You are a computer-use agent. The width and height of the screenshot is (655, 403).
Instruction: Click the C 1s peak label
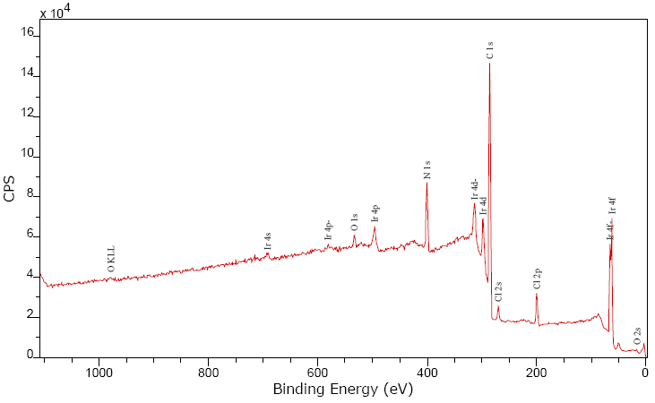tap(489, 50)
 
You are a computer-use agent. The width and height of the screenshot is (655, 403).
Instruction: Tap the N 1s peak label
tap(427, 168)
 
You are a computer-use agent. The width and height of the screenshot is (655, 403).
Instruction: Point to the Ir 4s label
tap(268, 241)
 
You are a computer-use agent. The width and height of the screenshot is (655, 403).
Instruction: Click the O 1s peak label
tap(355, 223)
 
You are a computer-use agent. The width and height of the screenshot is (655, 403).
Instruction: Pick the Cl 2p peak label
tap(537, 279)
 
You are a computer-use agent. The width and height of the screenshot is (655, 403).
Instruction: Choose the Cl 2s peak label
tap(498, 292)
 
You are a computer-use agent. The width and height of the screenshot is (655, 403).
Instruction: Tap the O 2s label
tap(637, 337)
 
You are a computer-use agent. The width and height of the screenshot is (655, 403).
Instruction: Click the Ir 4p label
tap(375, 213)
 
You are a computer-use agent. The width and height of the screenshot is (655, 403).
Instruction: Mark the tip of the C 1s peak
tap(489, 64)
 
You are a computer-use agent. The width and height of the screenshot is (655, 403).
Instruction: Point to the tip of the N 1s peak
tap(427, 183)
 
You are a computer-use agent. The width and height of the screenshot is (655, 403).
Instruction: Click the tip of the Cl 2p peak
tap(537, 294)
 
